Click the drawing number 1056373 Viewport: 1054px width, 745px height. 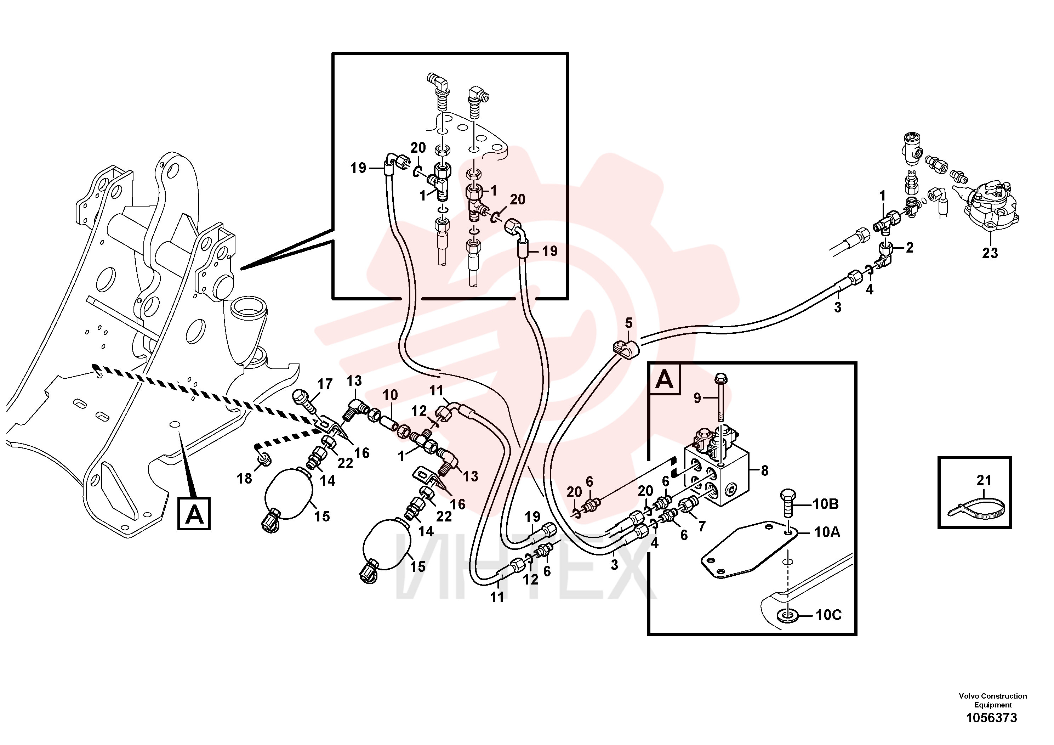992,717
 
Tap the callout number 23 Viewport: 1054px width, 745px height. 990,253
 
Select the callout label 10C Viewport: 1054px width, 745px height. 828,615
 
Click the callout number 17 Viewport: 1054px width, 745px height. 325,384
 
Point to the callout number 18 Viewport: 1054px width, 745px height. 244,479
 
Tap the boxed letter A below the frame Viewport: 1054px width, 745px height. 194,514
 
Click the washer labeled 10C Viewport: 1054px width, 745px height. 788,615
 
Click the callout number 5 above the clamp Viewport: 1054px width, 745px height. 628,323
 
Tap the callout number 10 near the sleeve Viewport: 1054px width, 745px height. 390,395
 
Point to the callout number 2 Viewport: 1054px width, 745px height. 910,248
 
